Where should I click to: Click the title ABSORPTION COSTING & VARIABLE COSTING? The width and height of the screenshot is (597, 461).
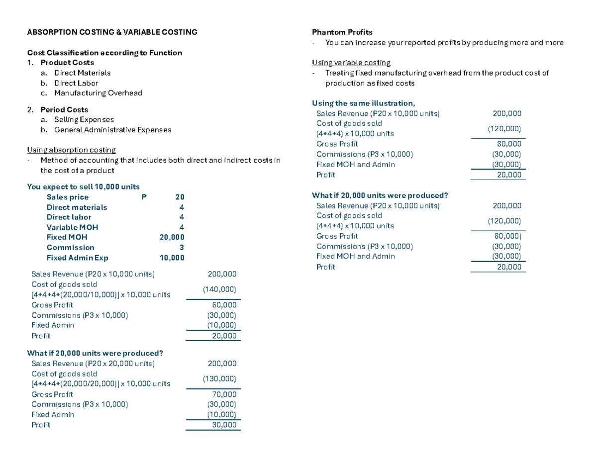tap(112, 32)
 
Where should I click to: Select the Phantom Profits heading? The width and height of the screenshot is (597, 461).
tap(342, 32)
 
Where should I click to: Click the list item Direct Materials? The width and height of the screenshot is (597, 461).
tap(82, 73)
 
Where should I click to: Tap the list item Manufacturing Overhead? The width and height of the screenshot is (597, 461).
tap(98, 93)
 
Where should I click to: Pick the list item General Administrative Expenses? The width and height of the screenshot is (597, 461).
tap(112, 130)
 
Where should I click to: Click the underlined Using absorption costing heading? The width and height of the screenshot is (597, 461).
tap(71, 150)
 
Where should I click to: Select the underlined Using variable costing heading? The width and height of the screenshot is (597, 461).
tap(351, 63)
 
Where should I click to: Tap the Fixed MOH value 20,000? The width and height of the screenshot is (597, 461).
tap(172, 237)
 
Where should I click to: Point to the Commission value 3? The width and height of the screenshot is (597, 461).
tap(182, 248)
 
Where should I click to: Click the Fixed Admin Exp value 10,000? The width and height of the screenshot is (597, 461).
tap(172, 258)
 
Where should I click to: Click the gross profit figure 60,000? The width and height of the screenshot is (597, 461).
tap(224, 305)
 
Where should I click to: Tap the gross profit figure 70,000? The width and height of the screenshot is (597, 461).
tap(224, 394)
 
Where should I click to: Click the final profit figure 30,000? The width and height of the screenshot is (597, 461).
tap(224, 425)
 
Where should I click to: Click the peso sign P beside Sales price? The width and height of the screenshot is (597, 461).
tap(144, 197)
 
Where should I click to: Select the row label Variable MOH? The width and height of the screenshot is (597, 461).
tap(72, 227)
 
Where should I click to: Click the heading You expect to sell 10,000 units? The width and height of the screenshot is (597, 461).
tap(83, 187)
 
